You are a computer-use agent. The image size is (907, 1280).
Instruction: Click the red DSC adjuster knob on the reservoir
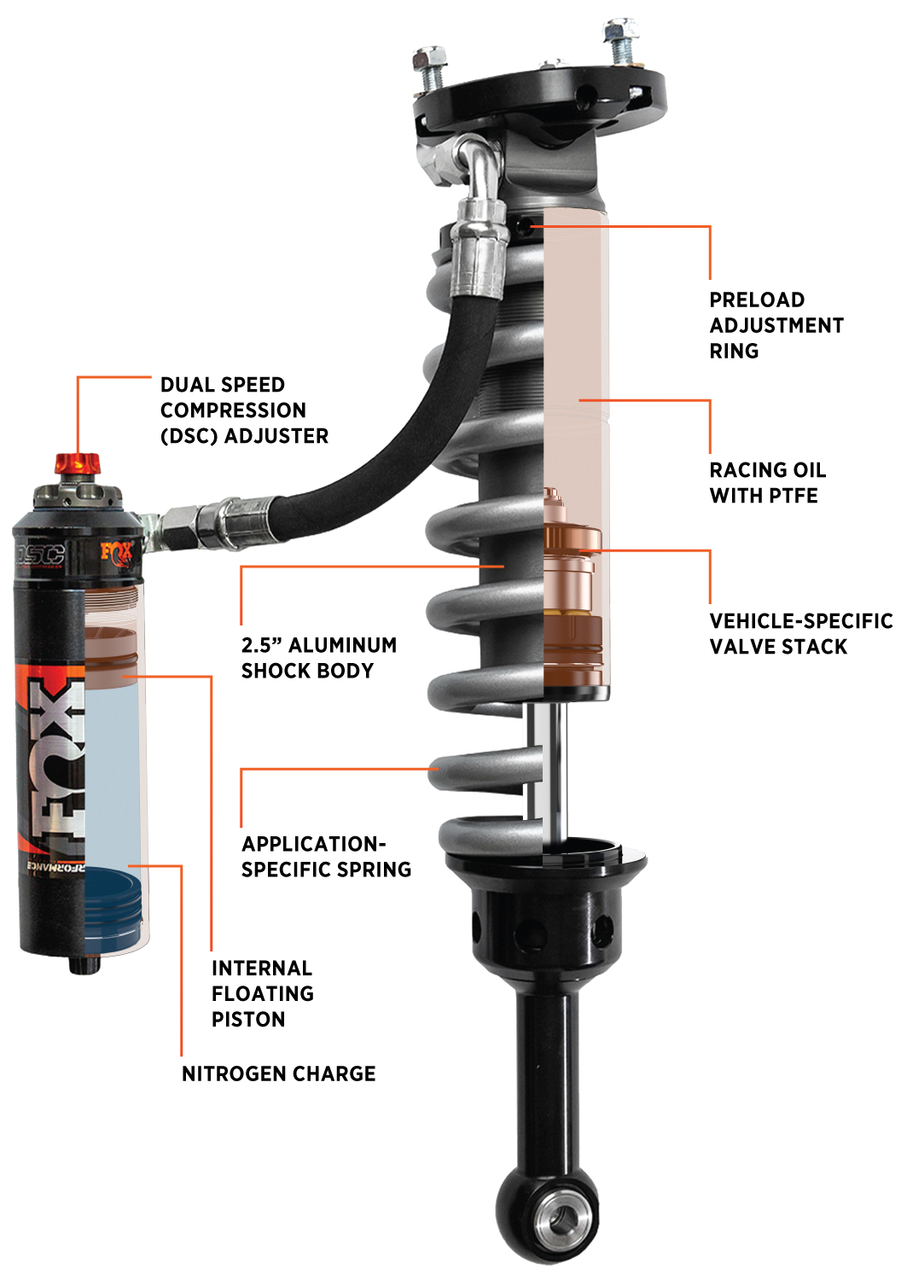tap(78, 464)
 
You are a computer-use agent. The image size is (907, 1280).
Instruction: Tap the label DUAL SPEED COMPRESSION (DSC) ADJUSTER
tap(244, 410)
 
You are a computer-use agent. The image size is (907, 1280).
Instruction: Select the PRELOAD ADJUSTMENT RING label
tap(776, 325)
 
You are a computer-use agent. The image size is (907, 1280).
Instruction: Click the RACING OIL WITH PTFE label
tap(767, 483)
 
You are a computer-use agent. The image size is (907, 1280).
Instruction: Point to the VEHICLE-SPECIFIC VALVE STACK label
tap(800, 634)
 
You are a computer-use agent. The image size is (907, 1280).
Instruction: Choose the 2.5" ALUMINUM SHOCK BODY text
tap(318, 658)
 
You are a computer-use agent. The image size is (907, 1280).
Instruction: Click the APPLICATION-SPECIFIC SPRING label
tap(326, 857)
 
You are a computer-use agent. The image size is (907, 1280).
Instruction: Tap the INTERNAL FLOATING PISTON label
tap(262, 993)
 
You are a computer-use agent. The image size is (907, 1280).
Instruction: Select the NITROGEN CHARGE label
tap(278, 1073)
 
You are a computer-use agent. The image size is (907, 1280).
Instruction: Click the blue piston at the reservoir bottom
tap(113, 906)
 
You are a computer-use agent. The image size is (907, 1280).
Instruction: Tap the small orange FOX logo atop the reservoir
tap(116, 552)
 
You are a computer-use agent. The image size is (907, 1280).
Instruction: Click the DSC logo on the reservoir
tap(41, 554)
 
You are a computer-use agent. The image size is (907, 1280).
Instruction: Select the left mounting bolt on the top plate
tap(430, 67)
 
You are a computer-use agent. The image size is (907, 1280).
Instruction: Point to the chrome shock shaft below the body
tap(546, 768)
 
